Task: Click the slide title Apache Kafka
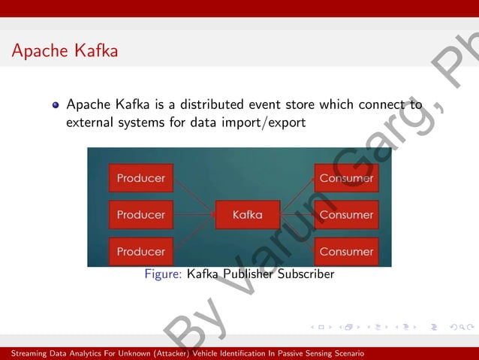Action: pos(65,51)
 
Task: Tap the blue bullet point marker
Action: pos(56,105)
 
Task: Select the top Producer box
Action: pos(141,178)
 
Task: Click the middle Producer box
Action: pos(141,215)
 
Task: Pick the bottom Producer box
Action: pos(141,251)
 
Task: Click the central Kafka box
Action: pos(248,215)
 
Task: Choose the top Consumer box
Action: pos(346,178)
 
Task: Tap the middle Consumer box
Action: pos(346,215)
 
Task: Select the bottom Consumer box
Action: pos(346,251)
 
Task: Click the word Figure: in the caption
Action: pos(163,274)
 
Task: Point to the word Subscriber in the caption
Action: pos(306,274)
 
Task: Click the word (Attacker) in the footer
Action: pos(171,353)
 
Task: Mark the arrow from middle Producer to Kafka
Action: pos(194,215)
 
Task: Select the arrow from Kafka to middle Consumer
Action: pos(297,215)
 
